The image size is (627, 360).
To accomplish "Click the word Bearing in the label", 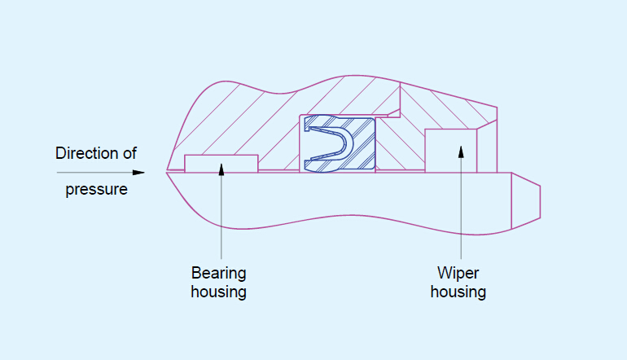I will point(218,272).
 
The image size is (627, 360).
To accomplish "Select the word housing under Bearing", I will point(218,291).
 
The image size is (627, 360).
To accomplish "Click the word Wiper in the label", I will point(458,272).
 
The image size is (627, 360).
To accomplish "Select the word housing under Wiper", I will point(458,291).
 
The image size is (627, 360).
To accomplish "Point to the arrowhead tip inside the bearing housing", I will point(221,166).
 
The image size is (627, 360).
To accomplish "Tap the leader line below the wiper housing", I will point(461,212).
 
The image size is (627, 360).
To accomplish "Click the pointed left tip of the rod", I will point(169,171).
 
